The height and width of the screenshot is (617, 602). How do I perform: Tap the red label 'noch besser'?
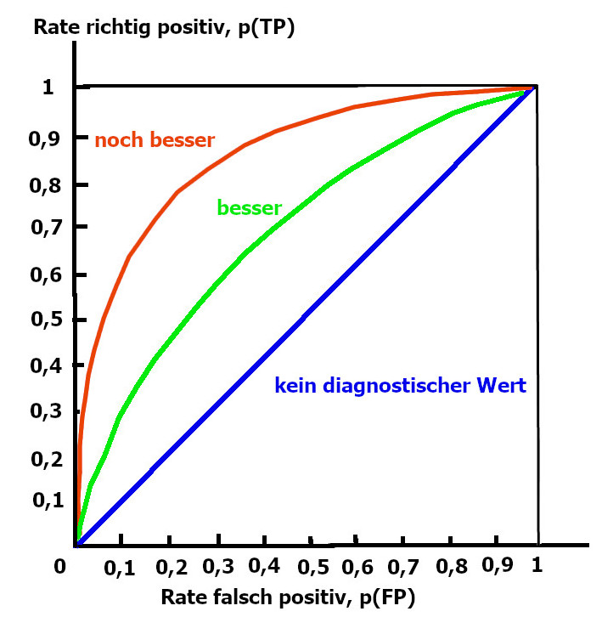tap(155, 140)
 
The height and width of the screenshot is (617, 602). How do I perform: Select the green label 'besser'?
tap(250, 207)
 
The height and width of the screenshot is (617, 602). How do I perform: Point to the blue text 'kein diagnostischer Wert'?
tap(400, 386)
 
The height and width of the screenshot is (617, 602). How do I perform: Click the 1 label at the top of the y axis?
tap(48, 88)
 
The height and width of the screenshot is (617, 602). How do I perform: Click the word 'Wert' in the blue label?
tap(501, 386)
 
